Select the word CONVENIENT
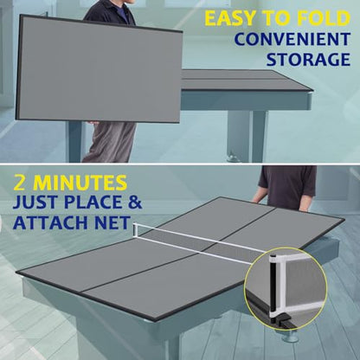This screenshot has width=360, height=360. tap(292, 39)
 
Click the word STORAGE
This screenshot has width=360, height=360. tap(308, 59)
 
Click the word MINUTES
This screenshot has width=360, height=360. tap(80, 183)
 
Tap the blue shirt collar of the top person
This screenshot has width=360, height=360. tap(124, 12)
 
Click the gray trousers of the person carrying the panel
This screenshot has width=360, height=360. tap(111, 141)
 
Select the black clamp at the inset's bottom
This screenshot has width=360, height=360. tap(281, 319)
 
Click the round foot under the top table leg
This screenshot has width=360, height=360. tap(233, 157)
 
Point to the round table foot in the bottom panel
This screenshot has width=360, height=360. tap(291, 337)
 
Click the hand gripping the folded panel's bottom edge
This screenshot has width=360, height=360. tap(93, 123)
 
